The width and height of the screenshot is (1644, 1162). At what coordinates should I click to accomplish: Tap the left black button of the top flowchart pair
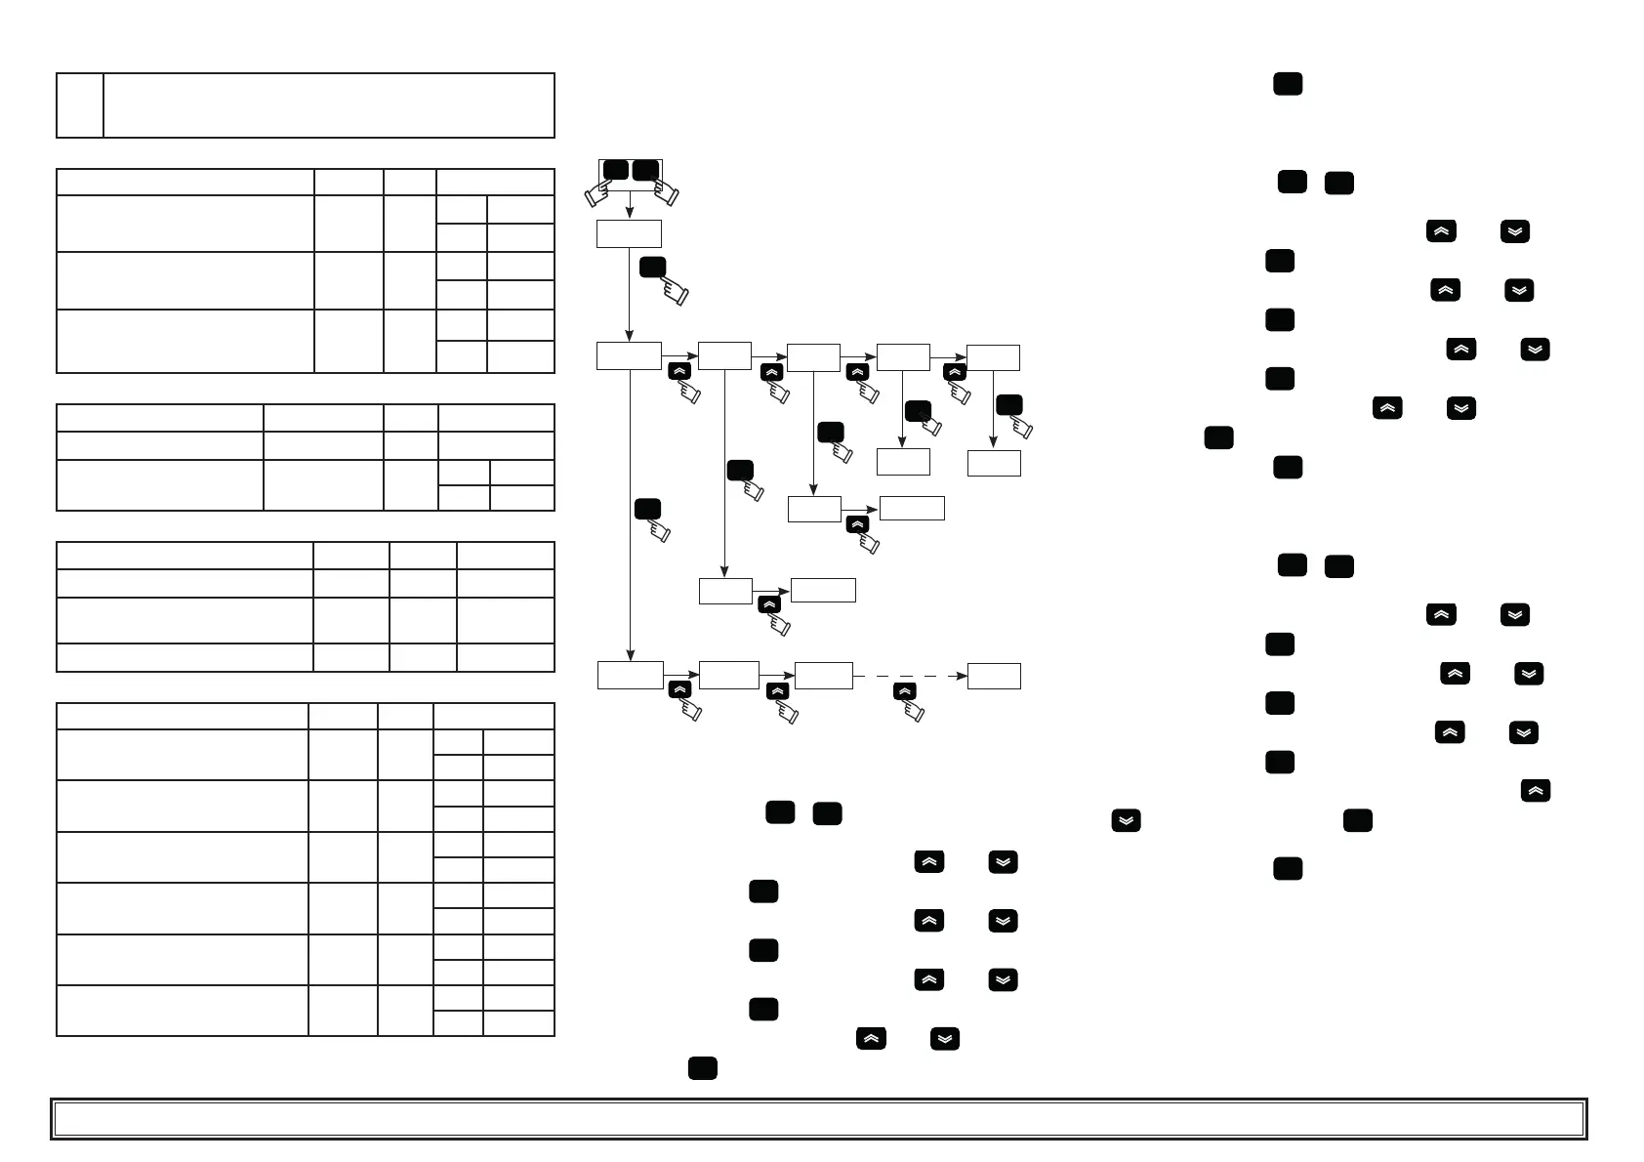click(x=615, y=170)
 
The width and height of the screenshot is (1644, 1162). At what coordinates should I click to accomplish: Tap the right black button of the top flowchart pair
click(x=645, y=170)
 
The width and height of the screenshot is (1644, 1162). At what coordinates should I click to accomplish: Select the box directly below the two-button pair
click(x=629, y=233)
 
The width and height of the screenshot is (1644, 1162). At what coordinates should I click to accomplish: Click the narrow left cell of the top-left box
click(x=80, y=104)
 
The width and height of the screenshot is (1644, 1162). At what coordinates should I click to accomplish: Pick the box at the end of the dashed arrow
click(x=994, y=676)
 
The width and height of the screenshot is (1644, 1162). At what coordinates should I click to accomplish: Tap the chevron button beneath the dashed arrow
click(x=905, y=691)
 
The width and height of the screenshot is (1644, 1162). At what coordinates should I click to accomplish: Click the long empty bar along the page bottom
click(x=818, y=1119)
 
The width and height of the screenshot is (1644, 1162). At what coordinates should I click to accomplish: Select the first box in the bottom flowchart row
click(x=630, y=676)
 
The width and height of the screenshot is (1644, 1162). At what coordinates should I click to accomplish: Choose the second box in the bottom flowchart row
click(x=728, y=675)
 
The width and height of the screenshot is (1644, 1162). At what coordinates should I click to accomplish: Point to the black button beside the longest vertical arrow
click(x=647, y=509)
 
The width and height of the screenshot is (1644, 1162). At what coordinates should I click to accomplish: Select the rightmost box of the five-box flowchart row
click(x=993, y=357)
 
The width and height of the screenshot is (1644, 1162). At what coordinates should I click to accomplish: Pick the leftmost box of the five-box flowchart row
click(x=629, y=356)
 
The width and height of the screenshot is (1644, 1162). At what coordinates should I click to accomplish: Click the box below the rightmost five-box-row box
click(x=994, y=463)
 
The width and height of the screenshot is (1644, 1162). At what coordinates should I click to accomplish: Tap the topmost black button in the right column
click(x=1288, y=84)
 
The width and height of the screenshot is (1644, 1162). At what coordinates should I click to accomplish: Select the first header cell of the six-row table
click(x=183, y=716)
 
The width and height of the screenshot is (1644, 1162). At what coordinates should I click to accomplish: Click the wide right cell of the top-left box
click(x=329, y=104)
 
